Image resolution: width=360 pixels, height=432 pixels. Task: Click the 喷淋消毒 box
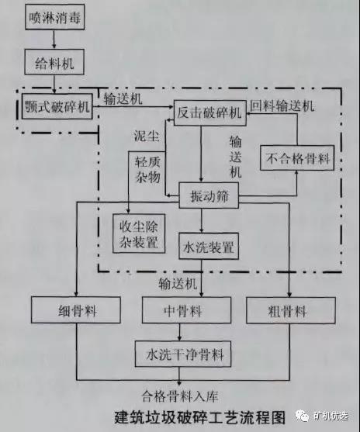[x=55, y=17]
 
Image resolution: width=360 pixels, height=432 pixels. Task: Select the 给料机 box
[x=54, y=62]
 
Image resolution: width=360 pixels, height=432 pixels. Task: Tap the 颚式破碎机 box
[x=57, y=106]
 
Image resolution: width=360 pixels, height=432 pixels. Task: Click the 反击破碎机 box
[x=210, y=112]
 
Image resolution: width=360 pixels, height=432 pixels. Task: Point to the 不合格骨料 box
[x=297, y=158]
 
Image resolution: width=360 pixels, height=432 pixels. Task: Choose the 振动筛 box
[x=209, y=195]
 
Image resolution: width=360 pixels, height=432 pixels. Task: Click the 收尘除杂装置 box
[x=139, y=233]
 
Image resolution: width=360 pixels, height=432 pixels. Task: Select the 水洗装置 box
[x=209, y=246]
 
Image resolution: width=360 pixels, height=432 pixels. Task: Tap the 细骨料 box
[x=76, y=310]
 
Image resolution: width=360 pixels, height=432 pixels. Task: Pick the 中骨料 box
[x=187, y=310]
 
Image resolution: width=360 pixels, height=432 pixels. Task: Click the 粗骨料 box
[x=291, y=310]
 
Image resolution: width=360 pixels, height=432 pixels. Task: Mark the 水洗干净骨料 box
[x=183, y=354]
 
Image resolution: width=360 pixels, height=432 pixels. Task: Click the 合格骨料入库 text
[x=180, y=396]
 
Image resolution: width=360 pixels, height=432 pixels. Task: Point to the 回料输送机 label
[x=282, y=105]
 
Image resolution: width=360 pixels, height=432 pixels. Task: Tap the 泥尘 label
[x=147, y=135]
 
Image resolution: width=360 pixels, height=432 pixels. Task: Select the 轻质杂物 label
[x=147, y=170]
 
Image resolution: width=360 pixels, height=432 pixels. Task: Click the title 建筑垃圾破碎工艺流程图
[x=200, y=417]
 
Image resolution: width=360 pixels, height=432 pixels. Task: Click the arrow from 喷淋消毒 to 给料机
[x=54, y=40]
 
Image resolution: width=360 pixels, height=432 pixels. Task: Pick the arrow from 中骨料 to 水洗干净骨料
[x=179, y=332]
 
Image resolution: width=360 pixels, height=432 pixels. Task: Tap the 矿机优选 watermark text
[x=331, y=416]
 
